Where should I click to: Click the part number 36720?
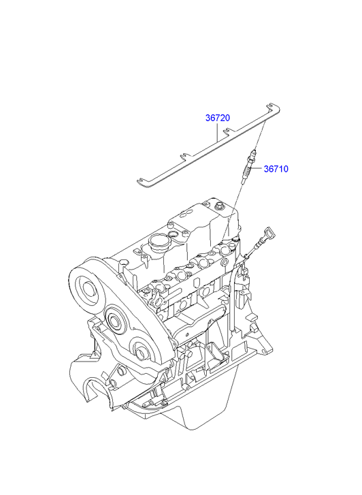coord(218,118)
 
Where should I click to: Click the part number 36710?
coord(276,169)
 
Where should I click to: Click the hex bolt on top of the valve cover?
coord(218,207)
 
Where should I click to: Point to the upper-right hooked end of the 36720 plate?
coord(273,108)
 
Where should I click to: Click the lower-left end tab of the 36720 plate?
coord(142,182)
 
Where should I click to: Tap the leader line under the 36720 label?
coord(218,132)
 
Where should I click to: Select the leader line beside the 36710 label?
coord(259,169)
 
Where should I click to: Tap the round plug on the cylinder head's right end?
coord(225,262)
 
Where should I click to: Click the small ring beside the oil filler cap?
coord(173,234)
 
